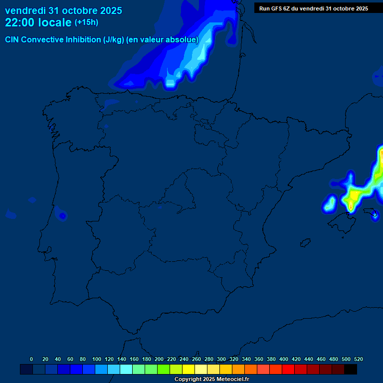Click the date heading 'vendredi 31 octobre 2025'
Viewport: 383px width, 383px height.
coord(63,10)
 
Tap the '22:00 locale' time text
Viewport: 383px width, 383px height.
coord(38,22)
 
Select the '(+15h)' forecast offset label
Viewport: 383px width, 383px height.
coord(86,22)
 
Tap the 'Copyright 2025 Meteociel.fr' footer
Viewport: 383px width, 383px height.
coord(211,380)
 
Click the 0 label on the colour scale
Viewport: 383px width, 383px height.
coord(31,359)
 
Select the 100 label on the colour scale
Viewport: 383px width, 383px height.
coord(97,359)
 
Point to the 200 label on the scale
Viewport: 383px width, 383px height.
coord(159,359)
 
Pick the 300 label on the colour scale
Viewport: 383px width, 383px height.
coord(221,359)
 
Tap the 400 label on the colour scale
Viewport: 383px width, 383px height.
coord(284,359)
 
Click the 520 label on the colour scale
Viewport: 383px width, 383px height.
coord(358,359)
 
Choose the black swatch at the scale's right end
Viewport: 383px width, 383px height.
coord(351,370)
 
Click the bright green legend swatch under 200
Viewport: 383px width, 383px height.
coord(164,370)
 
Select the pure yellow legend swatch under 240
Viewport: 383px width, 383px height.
coord(189,370)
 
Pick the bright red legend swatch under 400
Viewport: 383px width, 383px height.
coord(288,370)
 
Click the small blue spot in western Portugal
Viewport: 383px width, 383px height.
coord(62,216)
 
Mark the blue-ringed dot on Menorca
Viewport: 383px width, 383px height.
coord(375,215)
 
